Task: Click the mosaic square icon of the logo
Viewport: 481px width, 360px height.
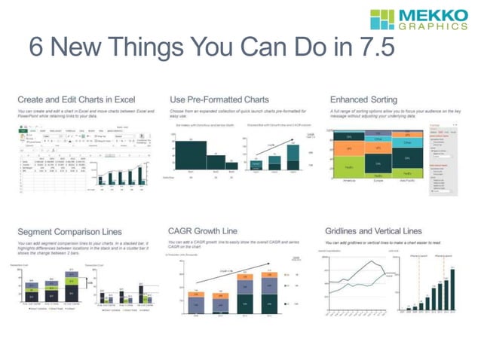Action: tap(384, 20)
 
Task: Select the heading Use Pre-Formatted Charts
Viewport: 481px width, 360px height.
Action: tap(219, 99)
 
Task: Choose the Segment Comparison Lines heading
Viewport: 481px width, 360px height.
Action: tap(69, 230)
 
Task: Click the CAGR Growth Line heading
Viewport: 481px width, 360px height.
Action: tap(210, 230)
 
